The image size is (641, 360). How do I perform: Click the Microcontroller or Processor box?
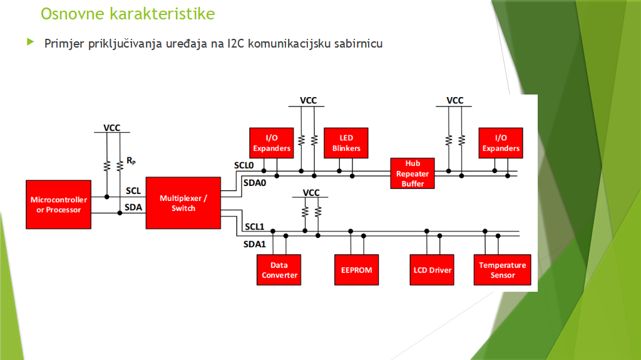click(58, 205)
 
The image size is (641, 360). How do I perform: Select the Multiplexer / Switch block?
click(183, 203)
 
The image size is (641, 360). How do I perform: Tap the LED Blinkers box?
click(346, 143)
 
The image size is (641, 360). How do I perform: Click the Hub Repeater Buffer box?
click(413, 173)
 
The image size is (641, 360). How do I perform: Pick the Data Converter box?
click(279, 270)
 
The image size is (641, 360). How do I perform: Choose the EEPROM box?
click(356, 270)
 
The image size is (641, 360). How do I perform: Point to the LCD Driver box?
click(432, 270)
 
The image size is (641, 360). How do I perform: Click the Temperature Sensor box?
click(503, 270)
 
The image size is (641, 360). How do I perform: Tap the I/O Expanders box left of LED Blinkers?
click(271, 143)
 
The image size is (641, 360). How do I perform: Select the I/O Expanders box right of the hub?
click(500, 143)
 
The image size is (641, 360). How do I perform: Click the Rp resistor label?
click(131, 161)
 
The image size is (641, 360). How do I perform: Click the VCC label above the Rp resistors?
click(112, 128)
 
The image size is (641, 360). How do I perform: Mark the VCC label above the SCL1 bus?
click(311, 192)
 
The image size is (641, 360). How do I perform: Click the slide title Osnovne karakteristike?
click(128, 13)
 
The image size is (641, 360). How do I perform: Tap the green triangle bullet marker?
click(29, 43)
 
